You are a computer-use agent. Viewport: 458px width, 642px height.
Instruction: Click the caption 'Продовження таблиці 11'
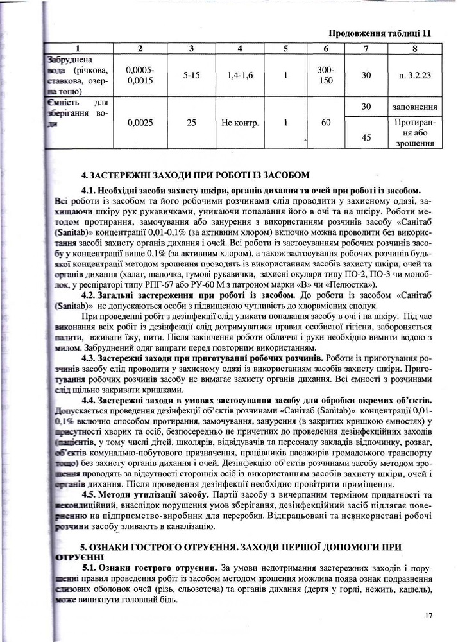pos(380,33)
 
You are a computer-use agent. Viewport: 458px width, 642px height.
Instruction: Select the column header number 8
pos(415,48)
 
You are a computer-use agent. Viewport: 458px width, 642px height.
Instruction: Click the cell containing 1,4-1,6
pos(240,75)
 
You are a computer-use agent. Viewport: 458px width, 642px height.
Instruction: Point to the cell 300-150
pos(326,74)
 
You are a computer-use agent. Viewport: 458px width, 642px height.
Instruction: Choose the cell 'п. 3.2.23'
pos(415,75)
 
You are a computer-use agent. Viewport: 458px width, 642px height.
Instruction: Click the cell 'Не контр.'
pos(240,122)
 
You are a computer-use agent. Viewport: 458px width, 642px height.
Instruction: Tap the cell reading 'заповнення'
pos(415,107)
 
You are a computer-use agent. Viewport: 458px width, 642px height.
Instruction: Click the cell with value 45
pos(366,137)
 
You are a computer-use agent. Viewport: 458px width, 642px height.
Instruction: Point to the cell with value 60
pos(326,122)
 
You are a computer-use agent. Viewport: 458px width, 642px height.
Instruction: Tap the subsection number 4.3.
pos(91,358)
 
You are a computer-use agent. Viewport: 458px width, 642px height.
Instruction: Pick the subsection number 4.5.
pos(91,494)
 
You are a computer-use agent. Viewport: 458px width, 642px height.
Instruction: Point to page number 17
pos(429,616)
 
